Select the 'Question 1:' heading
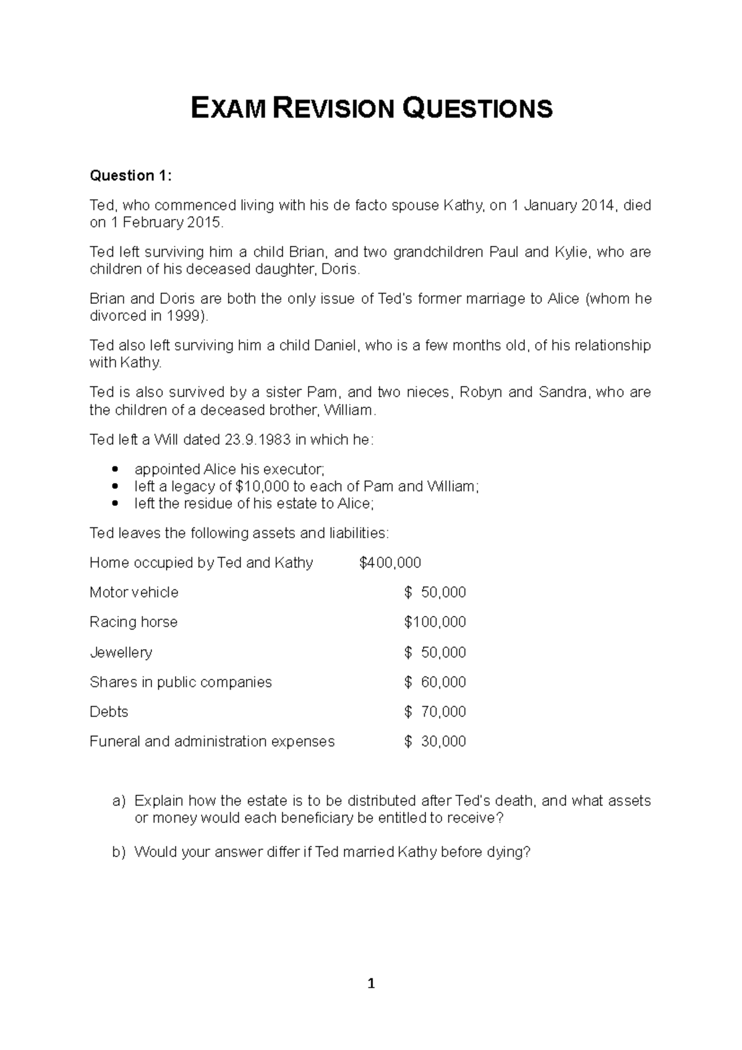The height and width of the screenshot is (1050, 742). [130, 176]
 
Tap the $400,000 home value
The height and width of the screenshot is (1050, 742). [390, 563]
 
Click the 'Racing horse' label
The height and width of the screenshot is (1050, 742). [134, 622]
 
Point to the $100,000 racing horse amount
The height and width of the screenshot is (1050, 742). [435, 622]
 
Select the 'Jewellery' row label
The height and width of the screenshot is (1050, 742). [121, 652]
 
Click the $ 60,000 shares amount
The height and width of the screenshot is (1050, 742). [435, 682]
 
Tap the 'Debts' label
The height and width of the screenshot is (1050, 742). [109, 712]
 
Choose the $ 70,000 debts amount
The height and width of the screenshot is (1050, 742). [435, 712]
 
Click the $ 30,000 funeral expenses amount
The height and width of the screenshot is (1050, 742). [435, 741]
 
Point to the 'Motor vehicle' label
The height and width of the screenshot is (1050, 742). [134, 592]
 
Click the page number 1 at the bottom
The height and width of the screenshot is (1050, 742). [371, 984]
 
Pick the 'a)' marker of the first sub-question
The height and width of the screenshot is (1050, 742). [119, 801]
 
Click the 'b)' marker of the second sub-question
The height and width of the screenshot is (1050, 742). [119, 852]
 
